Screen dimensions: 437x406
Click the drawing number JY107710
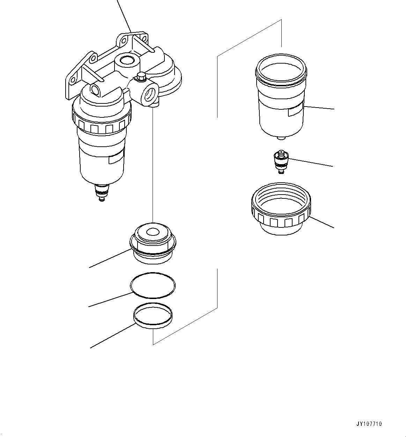click(369, 424)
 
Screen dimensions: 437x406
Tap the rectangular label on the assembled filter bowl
click(116, 159)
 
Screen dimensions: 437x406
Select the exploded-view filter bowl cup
click(281, 98)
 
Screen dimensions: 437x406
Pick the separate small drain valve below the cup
click(281, 161)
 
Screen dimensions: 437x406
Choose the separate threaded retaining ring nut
click(281, 210)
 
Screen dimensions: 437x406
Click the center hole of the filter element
click(152, 232)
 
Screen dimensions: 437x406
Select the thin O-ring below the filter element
click(153, 285)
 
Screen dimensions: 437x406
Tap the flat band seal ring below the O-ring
click(153, 316)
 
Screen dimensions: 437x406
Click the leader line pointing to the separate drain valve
click(311, 163)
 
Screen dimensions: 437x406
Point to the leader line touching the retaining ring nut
click(322, 222)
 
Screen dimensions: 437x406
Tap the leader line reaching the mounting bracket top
click(124, 16)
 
